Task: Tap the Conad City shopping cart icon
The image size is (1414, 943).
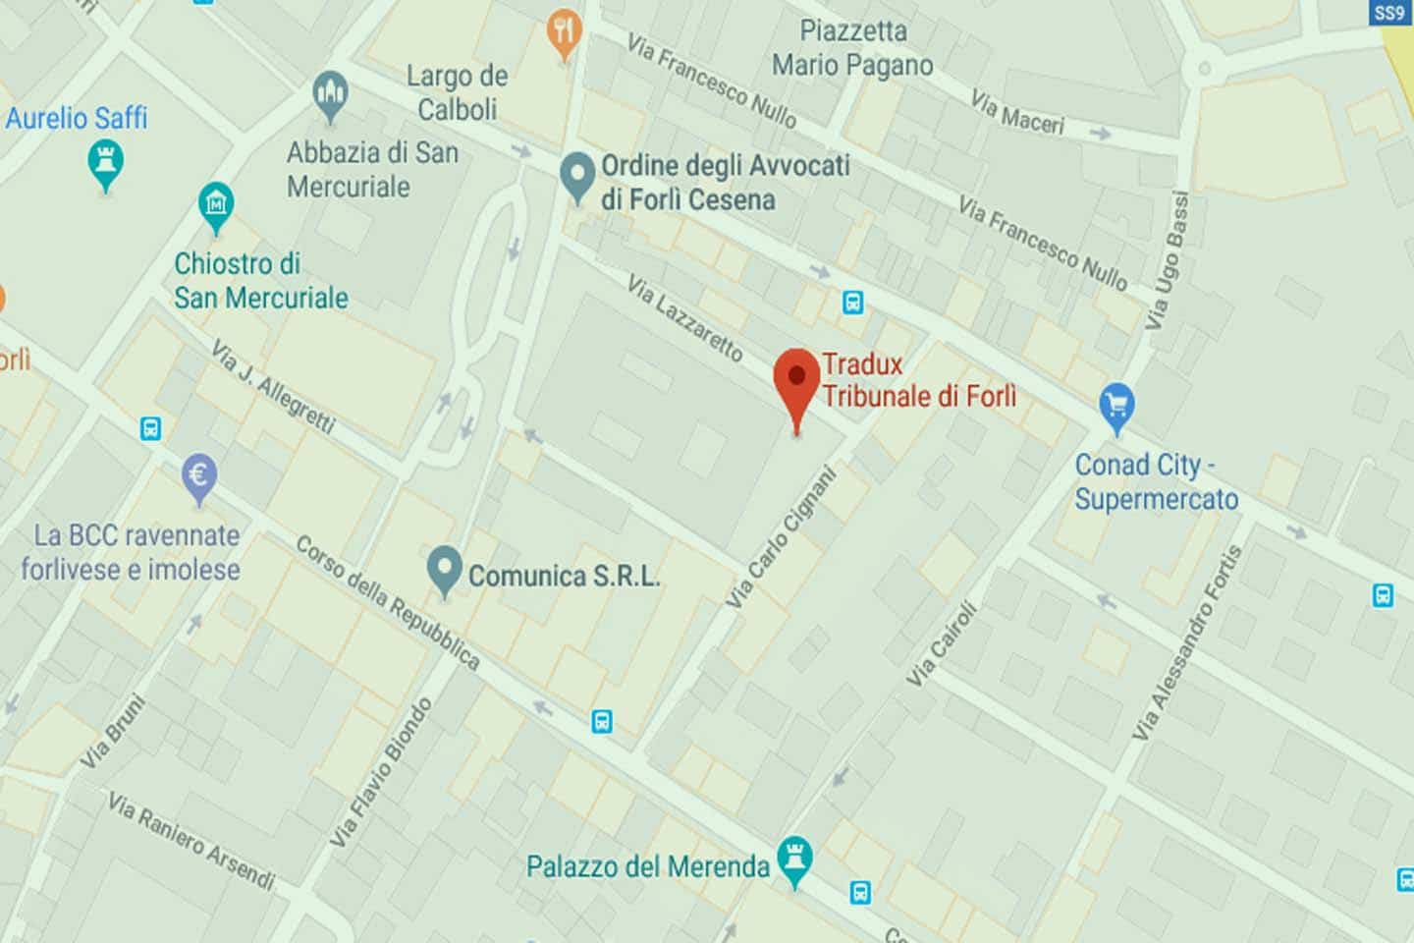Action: pyautogui.click(x=1116, y=404)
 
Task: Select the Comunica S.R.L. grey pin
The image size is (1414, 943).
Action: pyautogui.click(x=445, y=569)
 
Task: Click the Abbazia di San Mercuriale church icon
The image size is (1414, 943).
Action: pyautogui.click(x=330, y=95)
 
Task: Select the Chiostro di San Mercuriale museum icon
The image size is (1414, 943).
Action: pyautogui.click(x=216, y=204)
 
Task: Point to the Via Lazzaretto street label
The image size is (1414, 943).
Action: pyautogui.click(x=685, y=318)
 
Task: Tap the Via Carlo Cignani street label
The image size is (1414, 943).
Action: pyautogui.click(x=782, y=537)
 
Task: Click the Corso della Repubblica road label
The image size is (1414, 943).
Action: pyautogui.click(x=388, y=602)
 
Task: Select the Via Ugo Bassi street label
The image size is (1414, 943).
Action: pyautogui.click(x=1168, y=260)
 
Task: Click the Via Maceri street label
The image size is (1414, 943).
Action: pyautogui.click(x=1017, y=111)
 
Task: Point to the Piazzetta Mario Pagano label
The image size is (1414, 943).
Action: pyautogui.click(x=852, y=47)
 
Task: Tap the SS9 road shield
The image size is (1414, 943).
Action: pyautogui.click(x=1388, y=13)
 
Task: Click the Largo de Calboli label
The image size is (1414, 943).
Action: pyautogui.click(x=457, y=92)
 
